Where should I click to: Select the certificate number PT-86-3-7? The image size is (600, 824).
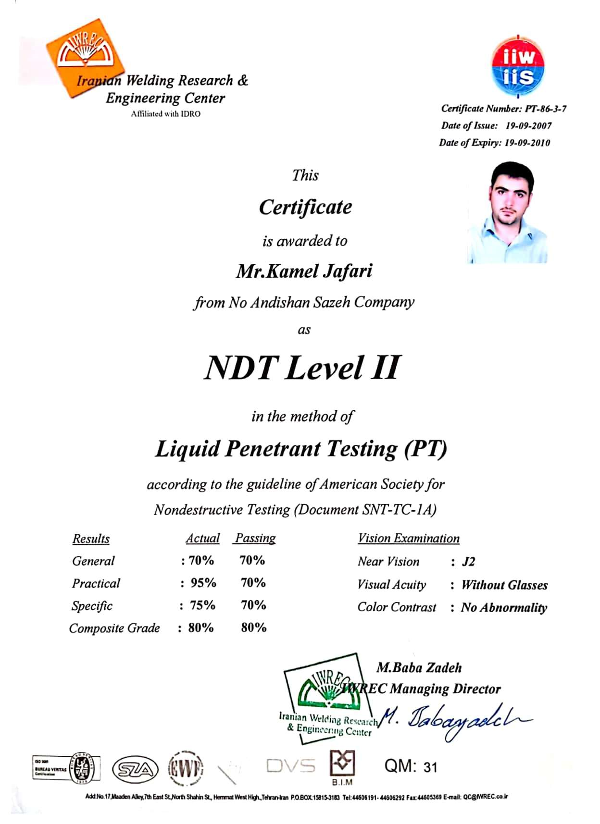546,109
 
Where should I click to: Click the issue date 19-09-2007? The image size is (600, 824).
528,126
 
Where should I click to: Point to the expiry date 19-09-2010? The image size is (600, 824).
527,143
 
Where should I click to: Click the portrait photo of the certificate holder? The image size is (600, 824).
507,212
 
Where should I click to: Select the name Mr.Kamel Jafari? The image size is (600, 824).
304,271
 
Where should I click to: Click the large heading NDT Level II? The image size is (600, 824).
301,368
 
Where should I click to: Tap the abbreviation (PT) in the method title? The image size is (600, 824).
425,449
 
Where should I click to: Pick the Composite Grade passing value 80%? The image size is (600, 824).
253,627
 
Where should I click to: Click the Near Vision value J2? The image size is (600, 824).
468,562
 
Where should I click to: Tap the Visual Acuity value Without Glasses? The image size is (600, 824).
504,585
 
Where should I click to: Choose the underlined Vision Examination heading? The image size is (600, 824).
408,539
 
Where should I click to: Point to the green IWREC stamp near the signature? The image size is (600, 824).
327,699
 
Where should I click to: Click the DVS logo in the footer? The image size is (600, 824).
290,766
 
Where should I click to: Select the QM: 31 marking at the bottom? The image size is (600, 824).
411,766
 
